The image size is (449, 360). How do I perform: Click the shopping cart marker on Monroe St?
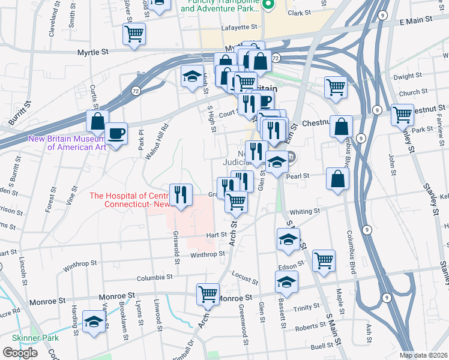[208, 294]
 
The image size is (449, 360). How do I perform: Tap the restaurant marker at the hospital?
[181, 194]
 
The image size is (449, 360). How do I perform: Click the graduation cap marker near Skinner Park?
[94, 322]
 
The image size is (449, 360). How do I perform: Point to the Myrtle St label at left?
[92, 53]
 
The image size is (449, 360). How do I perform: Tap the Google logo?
[20, 353]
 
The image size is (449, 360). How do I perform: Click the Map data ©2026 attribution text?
[423, 355]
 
